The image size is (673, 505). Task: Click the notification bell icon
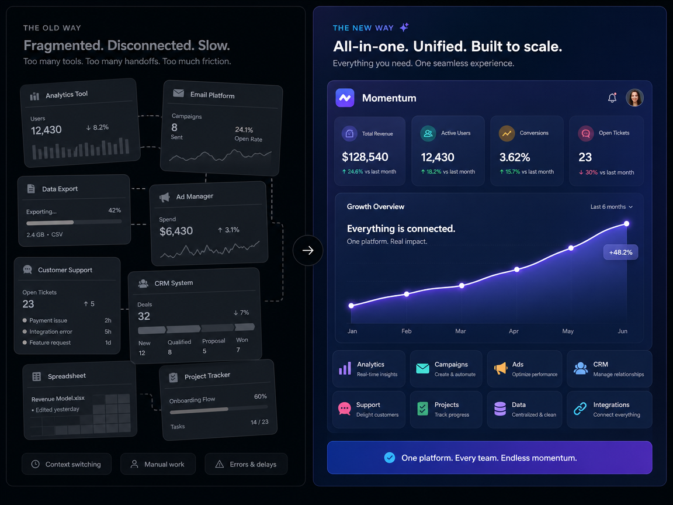[x=612, y=98]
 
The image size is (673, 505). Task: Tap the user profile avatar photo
[x=634, y=98]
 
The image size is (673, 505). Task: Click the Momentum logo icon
[x=345, y=98]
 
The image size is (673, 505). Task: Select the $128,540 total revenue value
[x=365, y=157]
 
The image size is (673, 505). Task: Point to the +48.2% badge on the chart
[x=620, y=252]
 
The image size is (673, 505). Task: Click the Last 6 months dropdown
[x=611, y=207]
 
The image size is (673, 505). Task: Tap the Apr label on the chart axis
[x=514, y=331]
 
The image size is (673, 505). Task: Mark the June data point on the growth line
[x=627, y=224]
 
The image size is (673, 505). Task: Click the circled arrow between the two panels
[x=308, y=250]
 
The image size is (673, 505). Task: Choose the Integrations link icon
[x=580, y=409]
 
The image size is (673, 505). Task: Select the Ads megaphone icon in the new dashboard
[x=501, y=368]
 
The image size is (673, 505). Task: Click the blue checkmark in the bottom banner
[x=390, y=458]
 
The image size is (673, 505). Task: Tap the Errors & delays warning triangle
[x=219, y=464]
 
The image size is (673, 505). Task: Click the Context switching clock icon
[x=36, y=464]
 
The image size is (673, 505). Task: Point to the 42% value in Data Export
[x=115, y=210]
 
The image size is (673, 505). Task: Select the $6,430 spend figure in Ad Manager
[x=176, y=231]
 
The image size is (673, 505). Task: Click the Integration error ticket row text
[x=51, y=331]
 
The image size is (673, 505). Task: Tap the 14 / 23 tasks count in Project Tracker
[x=259, y=422]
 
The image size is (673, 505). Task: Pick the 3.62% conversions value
[x=515, y=158]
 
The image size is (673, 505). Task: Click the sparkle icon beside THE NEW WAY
[x=404, y=27]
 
